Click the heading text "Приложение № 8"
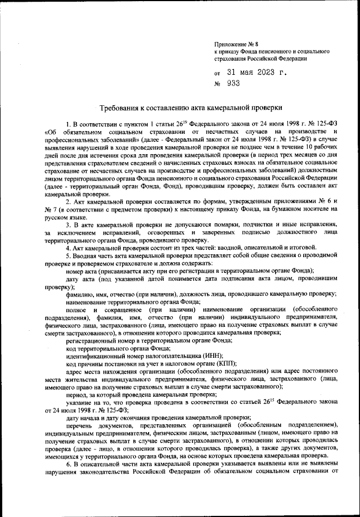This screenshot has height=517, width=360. [x=235, y=43]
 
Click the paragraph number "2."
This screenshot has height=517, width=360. [x=69, y=201]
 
